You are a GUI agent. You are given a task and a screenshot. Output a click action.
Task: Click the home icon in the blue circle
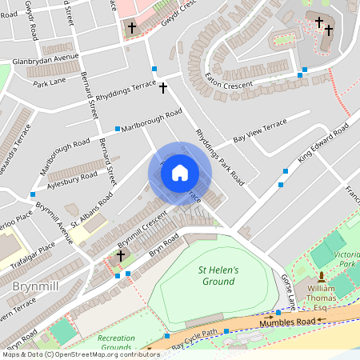[180, 173]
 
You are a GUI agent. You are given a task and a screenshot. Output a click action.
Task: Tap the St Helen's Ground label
[218, 276]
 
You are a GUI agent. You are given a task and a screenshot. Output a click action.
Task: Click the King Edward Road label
[323, 141]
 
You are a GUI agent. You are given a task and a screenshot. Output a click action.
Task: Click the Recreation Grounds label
[117, 342]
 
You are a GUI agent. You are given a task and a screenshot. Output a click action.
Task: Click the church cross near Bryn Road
[121, 256]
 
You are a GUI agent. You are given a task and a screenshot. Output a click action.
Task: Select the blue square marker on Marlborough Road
[118, 128]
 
